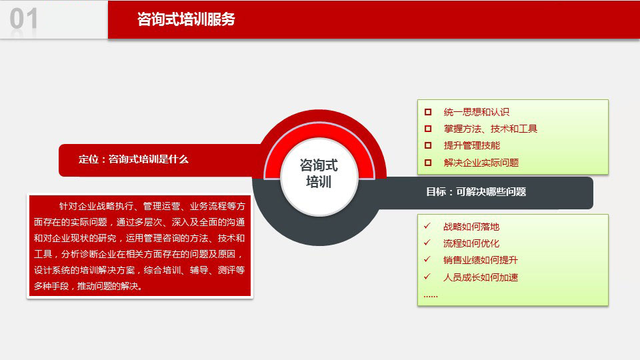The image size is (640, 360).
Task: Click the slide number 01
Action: click(x=24, y=19)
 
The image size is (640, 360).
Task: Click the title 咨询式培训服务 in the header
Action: click(x=186, y=19)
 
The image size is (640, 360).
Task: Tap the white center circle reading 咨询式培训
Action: click(x=319, y=177)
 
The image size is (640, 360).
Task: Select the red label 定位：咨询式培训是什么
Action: click(x=133, y=159)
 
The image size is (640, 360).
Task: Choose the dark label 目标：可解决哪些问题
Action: click(x=476, y=192)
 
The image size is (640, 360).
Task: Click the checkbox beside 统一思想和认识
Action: click(x=428, y=112)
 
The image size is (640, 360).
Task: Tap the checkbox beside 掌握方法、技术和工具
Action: click(x=428, y=129)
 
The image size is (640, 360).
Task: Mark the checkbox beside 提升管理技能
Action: click(x=428, y=145)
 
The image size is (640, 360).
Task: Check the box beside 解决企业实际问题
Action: click(x=428, y=163)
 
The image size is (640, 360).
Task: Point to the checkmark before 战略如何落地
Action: click(x=427, y=226)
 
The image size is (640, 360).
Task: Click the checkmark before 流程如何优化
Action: click(x=427, y=243)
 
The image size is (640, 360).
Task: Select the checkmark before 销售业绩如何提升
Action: click(x=427, y=259)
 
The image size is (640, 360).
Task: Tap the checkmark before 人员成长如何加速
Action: click(x=427, y=276)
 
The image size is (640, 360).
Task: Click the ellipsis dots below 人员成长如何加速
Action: click(x=431, y=296)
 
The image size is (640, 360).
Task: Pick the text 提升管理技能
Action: click(x=472, y=146)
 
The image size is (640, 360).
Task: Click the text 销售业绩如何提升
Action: click(x=481, y=260)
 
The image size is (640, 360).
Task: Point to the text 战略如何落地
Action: click(x=471, y=227)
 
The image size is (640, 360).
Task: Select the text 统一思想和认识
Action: click(x=476, y=112)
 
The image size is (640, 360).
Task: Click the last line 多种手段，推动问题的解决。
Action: click(x=88, y=286)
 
